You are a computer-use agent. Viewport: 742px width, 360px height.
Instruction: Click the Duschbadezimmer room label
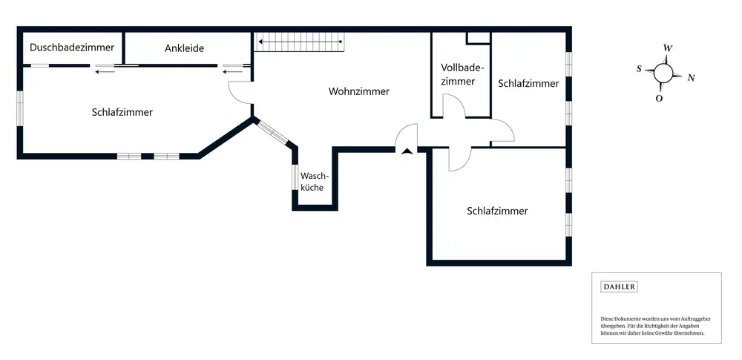pos(72,48)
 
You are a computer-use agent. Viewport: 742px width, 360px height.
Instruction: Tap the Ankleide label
pos(184,48)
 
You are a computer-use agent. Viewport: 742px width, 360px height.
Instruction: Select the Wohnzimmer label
pos(359,91)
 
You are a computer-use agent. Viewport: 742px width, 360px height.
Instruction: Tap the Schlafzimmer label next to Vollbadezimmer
pos(528,83)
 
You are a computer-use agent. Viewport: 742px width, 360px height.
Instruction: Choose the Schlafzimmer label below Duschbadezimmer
pos(122,112)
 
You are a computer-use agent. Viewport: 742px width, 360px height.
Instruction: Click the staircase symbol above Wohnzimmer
pos(300,43)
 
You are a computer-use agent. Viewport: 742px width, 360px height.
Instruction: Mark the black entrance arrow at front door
pos(406,152)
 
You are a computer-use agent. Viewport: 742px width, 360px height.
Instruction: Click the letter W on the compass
pos(668,48)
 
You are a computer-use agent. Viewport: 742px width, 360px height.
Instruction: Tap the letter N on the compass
pos(691,77)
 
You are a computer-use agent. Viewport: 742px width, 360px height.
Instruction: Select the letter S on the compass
pos(639,68)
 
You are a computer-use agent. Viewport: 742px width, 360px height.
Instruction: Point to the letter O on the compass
pos(659,97)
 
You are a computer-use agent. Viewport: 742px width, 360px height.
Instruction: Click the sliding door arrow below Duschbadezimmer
pos(105,72)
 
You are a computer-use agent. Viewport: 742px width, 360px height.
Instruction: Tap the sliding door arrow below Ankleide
pos(232,72)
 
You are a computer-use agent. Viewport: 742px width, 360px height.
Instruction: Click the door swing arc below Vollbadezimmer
pos(453,109)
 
